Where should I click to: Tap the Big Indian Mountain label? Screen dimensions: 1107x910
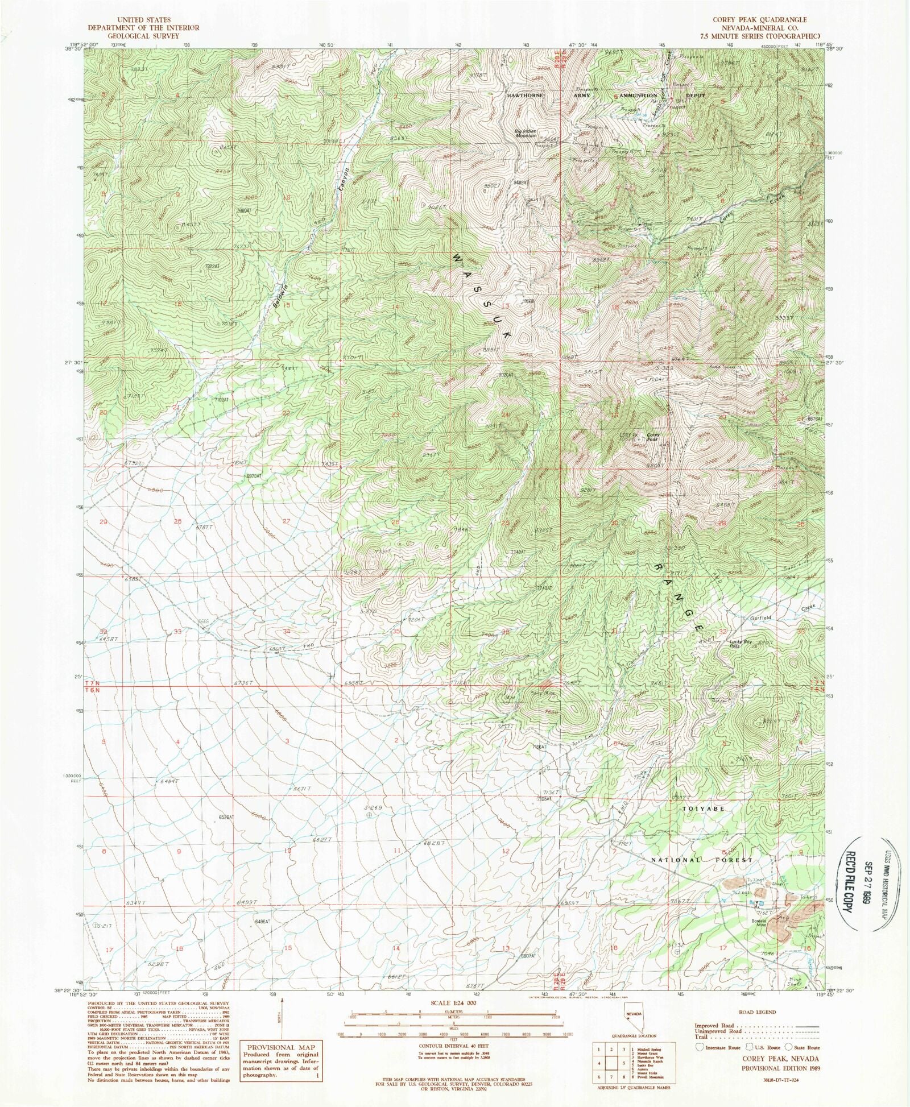point(526,133)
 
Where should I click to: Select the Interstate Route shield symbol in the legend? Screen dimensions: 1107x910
point(698,1047)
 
